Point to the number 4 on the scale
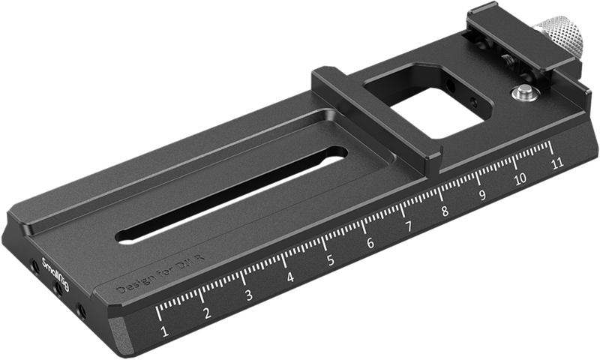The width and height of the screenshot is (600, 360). pyautogui.click(x=290, y=278)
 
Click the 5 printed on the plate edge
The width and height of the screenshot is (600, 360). pyautogui.click(x=331, y=261)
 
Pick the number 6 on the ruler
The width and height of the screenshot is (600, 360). pyautogui.click(x=370, y=244)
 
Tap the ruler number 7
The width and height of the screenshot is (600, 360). pyautogui.click(x=409, y=227)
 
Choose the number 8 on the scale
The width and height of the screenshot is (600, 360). pyautogui.click(x=445, y=211)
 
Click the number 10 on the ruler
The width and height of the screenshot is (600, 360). pyautogui.click(x=520, y=179)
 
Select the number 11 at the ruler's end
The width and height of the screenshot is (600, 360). pyautogui.click(x=556, y=163)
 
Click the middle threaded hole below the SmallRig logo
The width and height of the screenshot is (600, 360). pyautogui.click(x=57, y=288)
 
